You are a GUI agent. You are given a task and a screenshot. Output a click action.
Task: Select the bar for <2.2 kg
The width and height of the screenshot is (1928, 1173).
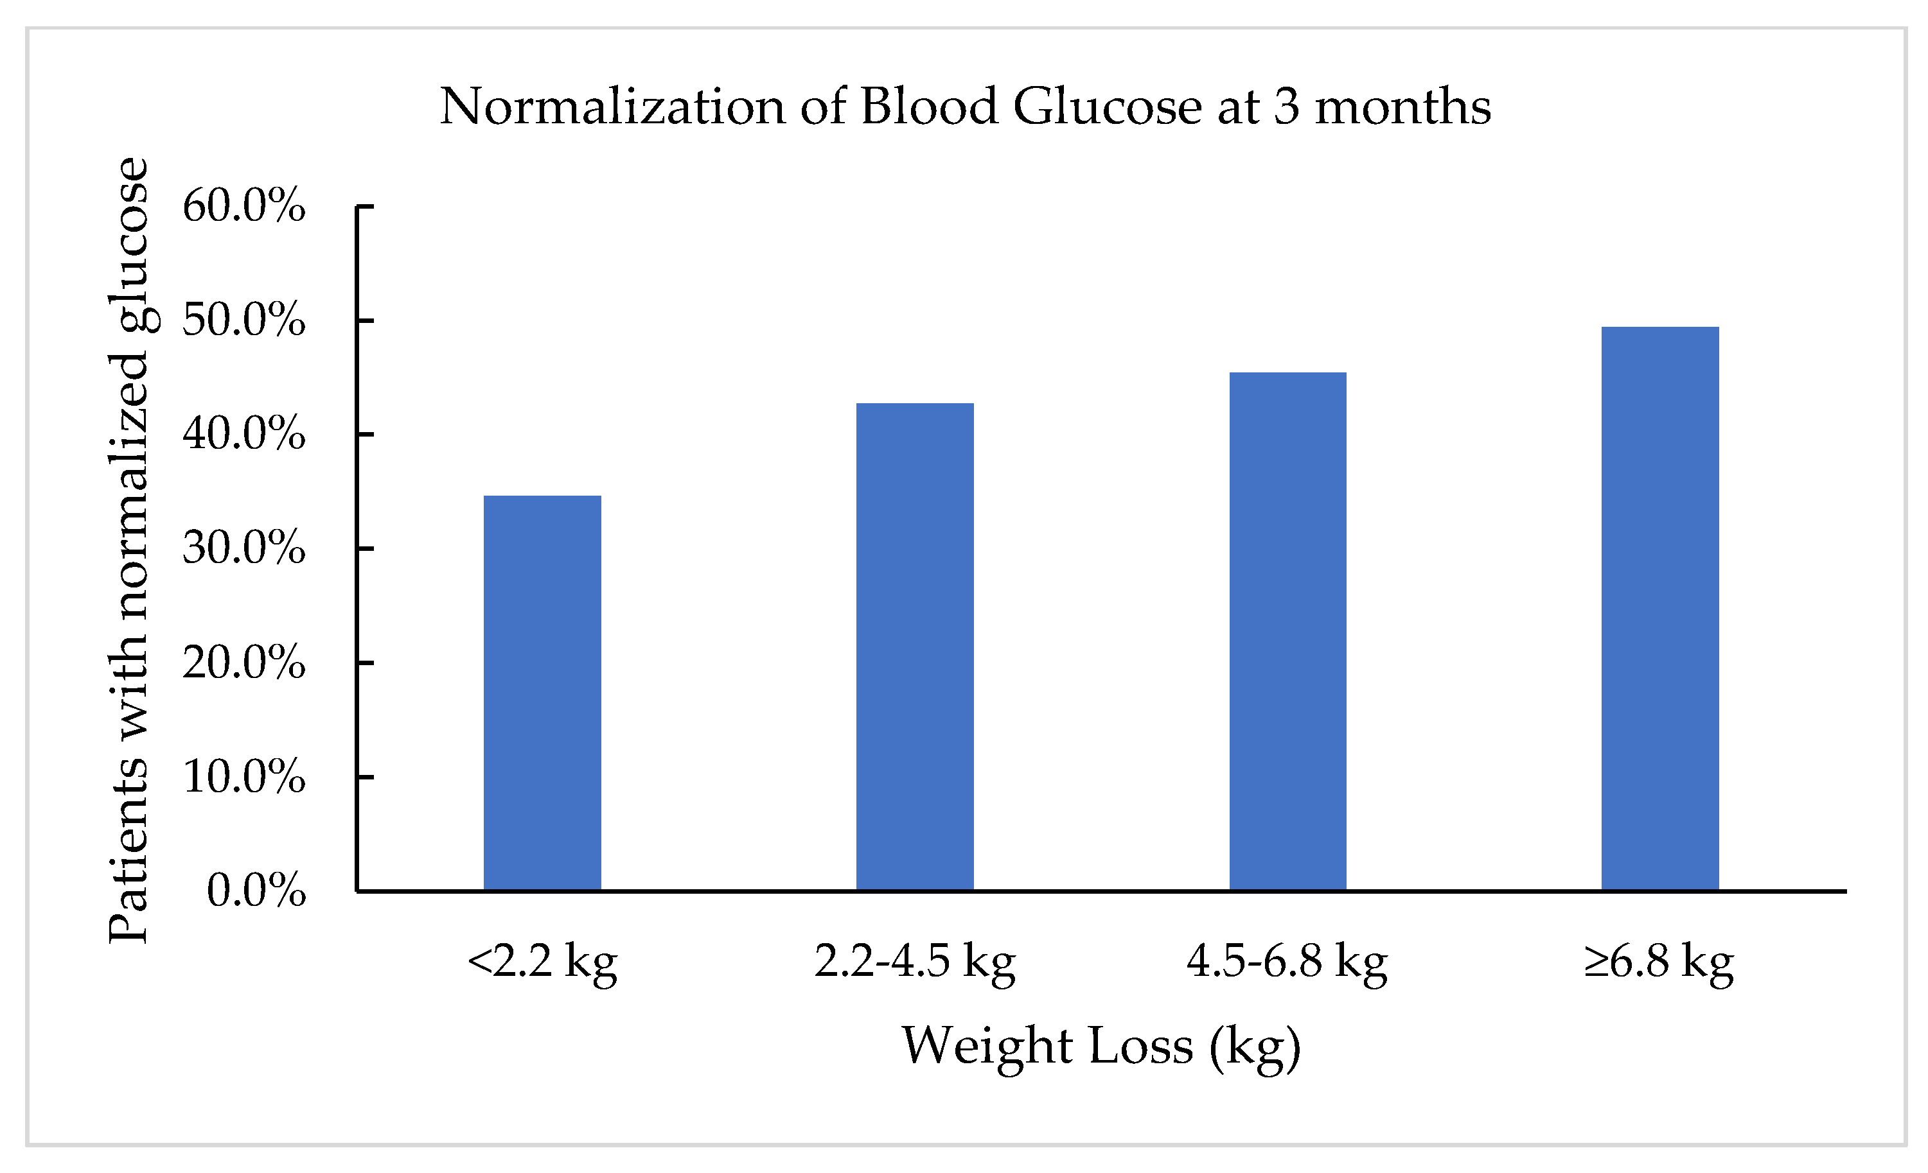(x=542, y=693)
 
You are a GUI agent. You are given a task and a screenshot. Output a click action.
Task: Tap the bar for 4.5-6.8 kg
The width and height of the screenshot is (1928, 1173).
(x=1287, y=631)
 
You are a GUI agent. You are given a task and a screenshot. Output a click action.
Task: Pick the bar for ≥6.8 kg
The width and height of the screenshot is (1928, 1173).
(x=1659, y=609)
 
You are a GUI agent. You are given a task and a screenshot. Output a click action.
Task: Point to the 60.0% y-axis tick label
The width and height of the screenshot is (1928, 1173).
(x=243, y=207)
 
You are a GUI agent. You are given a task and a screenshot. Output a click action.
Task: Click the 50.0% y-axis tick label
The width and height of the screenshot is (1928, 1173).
(x=243, y=320)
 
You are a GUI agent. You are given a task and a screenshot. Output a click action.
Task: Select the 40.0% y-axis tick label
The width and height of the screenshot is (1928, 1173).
(x=243, y=434)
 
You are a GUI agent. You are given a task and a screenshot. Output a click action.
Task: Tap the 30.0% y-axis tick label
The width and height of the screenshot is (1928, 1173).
(x=243, y=548)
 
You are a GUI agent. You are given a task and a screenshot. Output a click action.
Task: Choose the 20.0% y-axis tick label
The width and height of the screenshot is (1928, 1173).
(x=243, y=663)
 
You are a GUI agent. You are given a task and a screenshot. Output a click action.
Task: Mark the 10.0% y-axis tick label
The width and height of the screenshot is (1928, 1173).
(x=243, y=778)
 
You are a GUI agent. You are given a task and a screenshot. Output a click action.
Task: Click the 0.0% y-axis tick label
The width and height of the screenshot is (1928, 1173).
(x=256, y=891)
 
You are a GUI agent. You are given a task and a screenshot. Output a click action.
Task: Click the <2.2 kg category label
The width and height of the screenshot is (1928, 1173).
(x=542, y=962)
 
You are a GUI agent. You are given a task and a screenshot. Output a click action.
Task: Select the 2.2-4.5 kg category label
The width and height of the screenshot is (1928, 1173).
(x=915, y=962)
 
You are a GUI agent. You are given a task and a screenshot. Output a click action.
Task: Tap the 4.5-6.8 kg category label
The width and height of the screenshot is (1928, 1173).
(x=1287, y=962)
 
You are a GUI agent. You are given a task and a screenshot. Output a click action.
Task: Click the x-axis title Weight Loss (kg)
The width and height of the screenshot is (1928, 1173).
(x=1101, y=1047)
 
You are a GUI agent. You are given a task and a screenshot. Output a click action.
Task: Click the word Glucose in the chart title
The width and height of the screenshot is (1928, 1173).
(x=1107, y=107)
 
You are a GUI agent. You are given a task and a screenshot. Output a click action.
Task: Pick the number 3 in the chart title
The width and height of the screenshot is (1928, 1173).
(x=1286, y=107)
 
